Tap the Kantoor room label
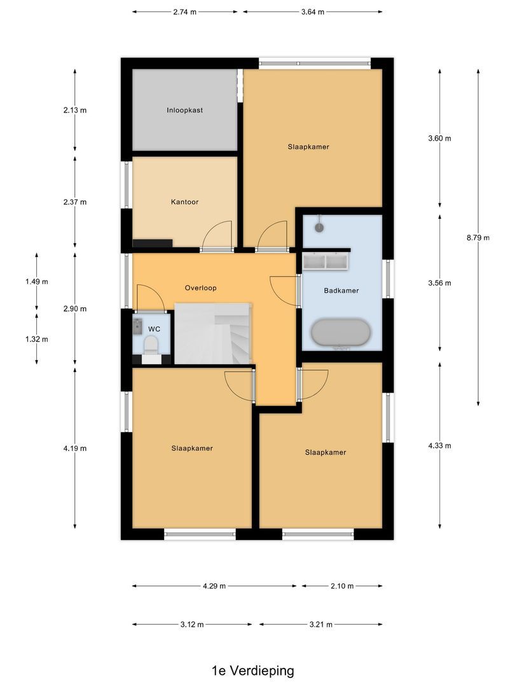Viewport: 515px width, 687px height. coord(184,202)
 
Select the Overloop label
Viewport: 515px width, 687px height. coord(201,288)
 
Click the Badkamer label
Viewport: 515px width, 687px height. coord(341,290)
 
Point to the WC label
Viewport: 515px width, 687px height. coord(153,330)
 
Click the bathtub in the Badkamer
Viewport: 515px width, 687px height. coord(341,333)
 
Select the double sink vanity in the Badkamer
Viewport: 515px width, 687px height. coord(326,261)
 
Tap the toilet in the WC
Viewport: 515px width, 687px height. coord(151,347)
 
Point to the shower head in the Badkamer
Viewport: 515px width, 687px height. coord(320,226)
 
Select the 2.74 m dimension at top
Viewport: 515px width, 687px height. coord(184,11)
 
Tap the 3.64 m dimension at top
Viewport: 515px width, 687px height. coord(312,11)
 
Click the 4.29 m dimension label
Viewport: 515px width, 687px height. coord(214,586)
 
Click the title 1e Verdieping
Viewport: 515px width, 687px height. coord(253,670)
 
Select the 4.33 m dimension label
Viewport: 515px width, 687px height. coord(439,446)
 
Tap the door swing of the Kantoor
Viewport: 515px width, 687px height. coord(218,235)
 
